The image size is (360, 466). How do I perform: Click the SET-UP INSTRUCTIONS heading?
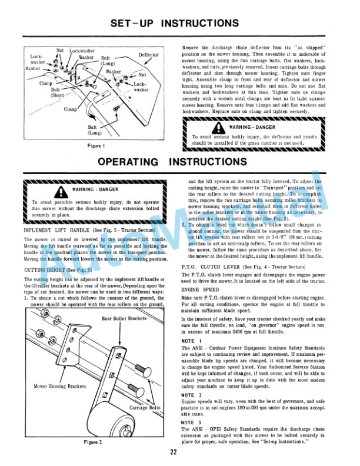point(179,24)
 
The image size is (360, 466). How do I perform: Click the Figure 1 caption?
point(95,145)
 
